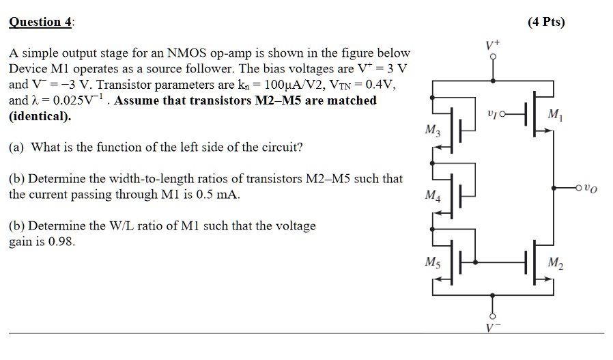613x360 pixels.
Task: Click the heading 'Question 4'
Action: point(40,22)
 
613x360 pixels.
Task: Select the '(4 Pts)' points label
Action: point(546,22)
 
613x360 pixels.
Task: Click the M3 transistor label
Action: point(431,130)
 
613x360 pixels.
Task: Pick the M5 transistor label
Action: point(431,262)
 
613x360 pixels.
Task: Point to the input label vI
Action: point(496,116)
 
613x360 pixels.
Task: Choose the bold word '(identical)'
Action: point(40,116)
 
